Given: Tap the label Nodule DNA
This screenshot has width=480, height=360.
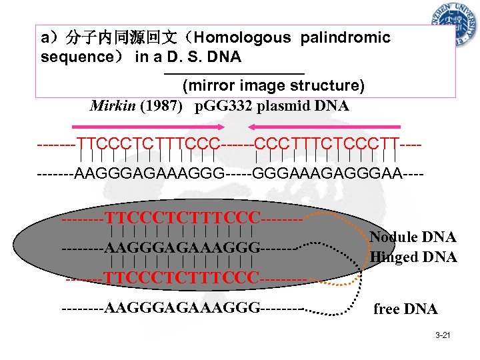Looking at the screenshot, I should [413, 237].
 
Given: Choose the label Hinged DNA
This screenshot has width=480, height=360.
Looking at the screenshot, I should [413, 257].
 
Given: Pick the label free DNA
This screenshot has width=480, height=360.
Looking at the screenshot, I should [405, 309].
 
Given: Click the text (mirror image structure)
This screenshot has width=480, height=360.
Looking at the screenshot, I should [273, 86].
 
